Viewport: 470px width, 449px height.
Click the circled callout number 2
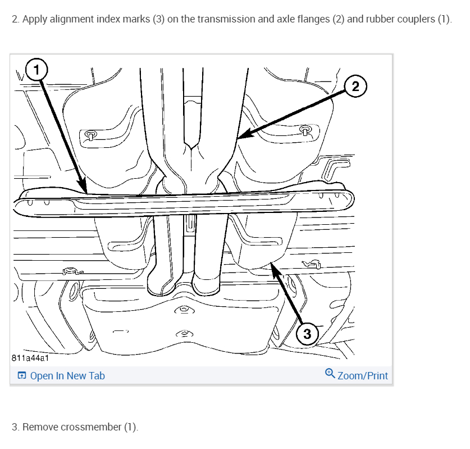pyautogui.click(x=355, y=86)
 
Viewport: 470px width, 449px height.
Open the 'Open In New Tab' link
pyautogui.click(x=67, y=376)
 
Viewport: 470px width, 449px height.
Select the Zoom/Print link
pyautogui.click(x=362, y=376)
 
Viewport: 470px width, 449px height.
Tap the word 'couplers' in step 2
pyautogui.click(x=414, y=19)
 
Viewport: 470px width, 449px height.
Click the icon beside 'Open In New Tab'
pyautogui.click(x=21, y=376)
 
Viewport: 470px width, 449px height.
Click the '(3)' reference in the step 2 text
pyautogui.click(x=157, y=19)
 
